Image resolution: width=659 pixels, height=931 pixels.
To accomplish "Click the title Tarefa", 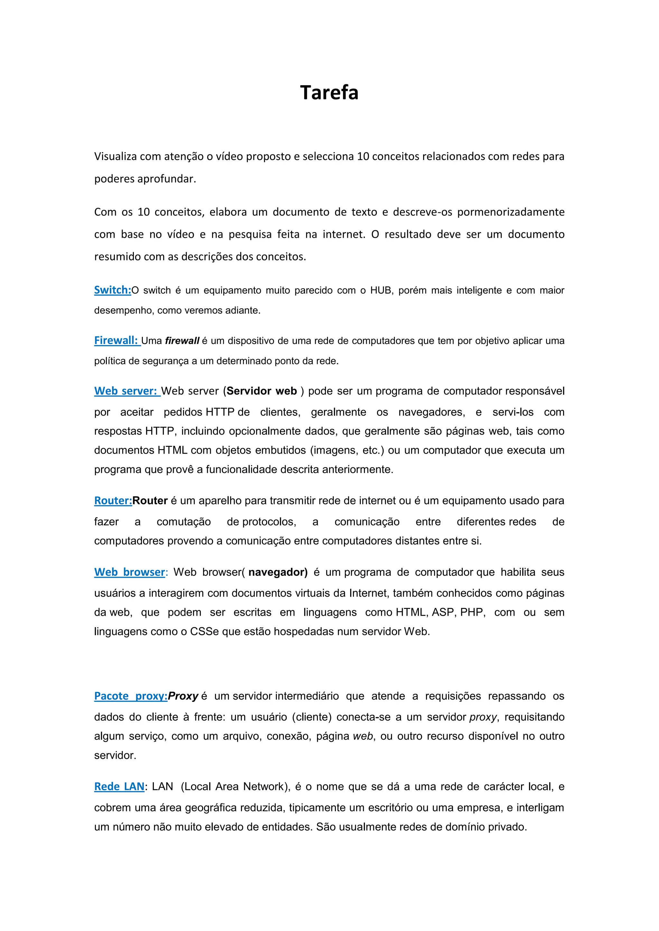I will tap(329, 93).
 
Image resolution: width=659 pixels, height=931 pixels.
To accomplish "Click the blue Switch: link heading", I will tap(112, 290).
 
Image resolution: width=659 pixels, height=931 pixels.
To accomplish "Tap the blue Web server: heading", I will tap(125, 391).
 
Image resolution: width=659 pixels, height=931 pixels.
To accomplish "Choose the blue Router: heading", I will tap(113, 501).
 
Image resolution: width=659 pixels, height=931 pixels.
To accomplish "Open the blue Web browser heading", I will tap(129, 572).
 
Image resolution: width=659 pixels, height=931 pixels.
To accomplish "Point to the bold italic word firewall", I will tap(182, 341).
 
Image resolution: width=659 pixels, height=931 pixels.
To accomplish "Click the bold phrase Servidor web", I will tap(262, 391).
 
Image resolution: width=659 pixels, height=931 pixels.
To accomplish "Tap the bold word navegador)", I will tap(278, 572).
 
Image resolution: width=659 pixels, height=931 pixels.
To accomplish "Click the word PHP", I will tap(472, 612).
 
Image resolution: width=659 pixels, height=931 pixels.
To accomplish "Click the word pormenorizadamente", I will tap(511, 212).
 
